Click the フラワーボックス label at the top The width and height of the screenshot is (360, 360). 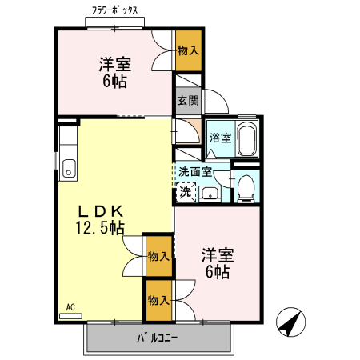[x=114, y=11]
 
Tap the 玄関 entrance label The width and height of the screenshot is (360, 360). [x=188, y=100]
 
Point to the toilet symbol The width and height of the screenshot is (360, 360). [x=246, y=187]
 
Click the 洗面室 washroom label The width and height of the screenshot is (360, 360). [x=194, y=170]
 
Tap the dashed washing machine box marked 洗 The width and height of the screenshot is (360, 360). [x=185, y=192]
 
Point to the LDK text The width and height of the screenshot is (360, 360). [x=100, y=211]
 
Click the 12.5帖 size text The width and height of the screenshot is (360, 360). [x=100, y=228]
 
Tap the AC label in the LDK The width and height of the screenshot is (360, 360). [x=70, y=306]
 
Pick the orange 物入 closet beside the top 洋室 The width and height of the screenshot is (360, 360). [x=188, y=51]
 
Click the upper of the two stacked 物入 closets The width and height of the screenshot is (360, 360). [x=158, y=256]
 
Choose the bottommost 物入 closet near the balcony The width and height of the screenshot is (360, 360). [x=158, y=300]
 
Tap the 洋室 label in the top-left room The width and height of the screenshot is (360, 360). [x=115, y=63]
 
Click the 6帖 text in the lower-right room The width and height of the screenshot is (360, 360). [x=217, y=272]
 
